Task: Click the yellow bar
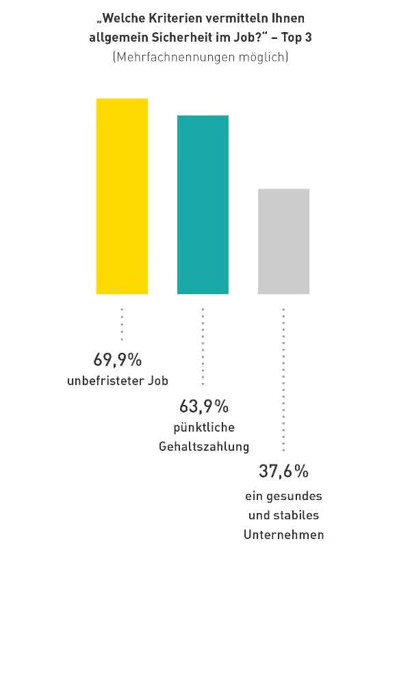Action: click(x=122, y=196)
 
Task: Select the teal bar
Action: click(x=203, y=205)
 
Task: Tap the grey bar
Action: click(x=283, y=241)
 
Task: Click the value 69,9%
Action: click(x=118, y=360)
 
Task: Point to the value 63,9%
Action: click(x=204, y=406)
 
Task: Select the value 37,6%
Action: click(x=283, y=471)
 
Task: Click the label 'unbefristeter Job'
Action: click(x=118, y=380)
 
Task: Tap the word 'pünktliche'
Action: click(x=204, y=428)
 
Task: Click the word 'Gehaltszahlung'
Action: click(x=204, y=447)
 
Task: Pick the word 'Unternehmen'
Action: click(x=284, y=534)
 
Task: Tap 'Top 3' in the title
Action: click(x=296, y=38)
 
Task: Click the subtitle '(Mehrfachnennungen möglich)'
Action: click(x=201, y=57)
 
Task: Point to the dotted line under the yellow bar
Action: click(x=122, y=324)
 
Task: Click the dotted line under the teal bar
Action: click(x=203, y=347)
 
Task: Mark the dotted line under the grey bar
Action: click(x=283, y=379)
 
